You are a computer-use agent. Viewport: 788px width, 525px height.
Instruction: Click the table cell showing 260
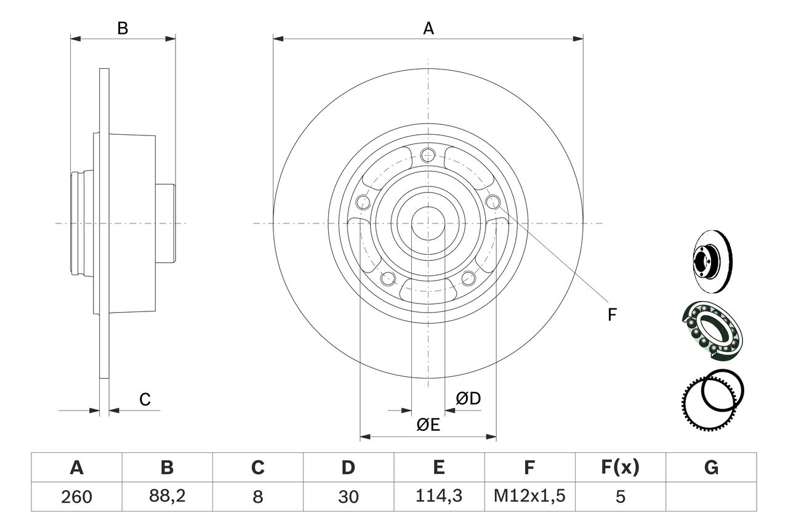pos(77,497)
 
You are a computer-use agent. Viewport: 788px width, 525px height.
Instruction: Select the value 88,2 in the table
pos(167,497)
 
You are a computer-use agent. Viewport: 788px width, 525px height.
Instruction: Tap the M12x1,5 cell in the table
pos(529,497)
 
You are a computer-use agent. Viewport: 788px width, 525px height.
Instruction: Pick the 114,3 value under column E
pos(439,497)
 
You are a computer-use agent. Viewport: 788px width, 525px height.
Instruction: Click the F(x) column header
pos(620,468)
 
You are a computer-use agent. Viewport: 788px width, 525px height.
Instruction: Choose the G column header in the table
pos(711,468)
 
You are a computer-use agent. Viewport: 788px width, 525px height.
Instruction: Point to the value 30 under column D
pos(348,497)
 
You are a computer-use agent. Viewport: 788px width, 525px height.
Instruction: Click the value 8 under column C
pos(258,497)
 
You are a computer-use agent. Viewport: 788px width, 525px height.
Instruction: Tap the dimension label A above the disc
pos(428,28)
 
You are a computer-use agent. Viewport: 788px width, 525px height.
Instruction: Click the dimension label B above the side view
pos(123,28)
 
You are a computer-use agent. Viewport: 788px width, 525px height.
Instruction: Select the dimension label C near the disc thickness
pos(145,399)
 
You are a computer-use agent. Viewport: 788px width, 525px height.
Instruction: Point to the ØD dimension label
pos(468,399)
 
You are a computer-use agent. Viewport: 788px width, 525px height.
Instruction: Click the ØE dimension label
pos(428,425)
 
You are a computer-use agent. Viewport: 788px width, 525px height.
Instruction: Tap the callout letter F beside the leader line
pos(611,315)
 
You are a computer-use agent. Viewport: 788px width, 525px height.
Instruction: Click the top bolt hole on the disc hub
pos(428,156)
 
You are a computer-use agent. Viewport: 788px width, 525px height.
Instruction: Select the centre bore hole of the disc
pos(428,223)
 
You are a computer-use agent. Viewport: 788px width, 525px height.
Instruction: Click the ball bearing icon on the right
pos(713,329)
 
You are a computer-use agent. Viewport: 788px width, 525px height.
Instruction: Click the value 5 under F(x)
pos(620,497)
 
